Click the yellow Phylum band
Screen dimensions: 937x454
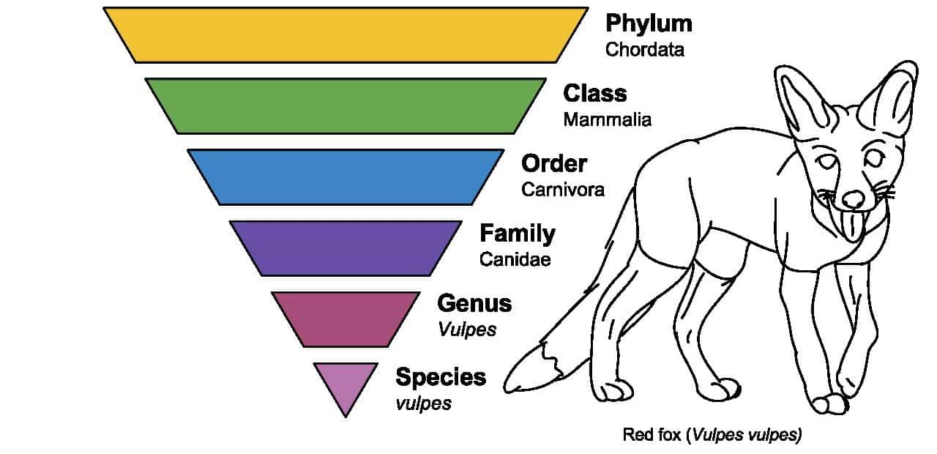pyautogui.click(x=346, y=35)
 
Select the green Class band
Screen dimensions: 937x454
pyautogui.click(x=346, y=106)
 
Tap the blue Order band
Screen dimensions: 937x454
pyautogui.click(x=346, y=177)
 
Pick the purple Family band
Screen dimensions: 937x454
pyautogui.click(x=346, y=248)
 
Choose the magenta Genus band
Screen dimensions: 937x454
pyautogui.click(x=346, y=320)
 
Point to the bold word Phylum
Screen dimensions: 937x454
pyautogui.click(x=649, y=24)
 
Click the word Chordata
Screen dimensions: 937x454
pyautogui.click(x=645, y=50)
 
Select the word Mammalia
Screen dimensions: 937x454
pyautogui.click(x=608, y=120)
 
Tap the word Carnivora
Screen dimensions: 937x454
pyautogui.click(x=563, y=190)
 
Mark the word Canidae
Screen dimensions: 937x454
pyautogui.click(x=515, y=260)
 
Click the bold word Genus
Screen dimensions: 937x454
pyautogui.click(x=474, y=303)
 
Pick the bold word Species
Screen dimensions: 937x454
pyautogui.click(x=441, y=378)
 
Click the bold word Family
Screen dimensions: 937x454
pyautogui.click(x=518, y=234)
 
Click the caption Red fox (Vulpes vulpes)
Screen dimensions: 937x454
pyautogui.click(x=712, y=435)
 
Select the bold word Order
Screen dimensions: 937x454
pyautogui.click(x=554, y=163)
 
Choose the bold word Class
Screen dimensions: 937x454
pyautogui.click(x=595, y=93)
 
